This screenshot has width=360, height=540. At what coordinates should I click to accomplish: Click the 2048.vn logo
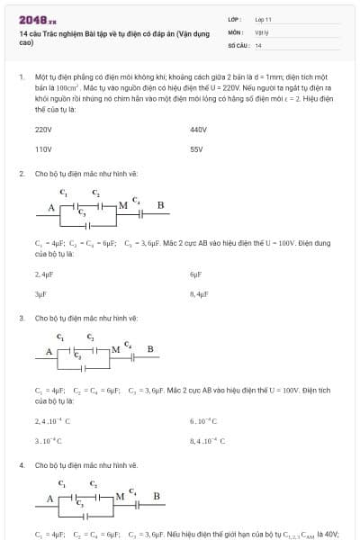click(37, 19)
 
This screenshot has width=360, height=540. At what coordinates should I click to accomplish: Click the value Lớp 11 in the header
click(264, 19)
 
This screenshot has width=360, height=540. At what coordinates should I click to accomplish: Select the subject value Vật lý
click(262, 31)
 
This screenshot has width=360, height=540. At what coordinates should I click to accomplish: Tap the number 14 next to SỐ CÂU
click(258, 44)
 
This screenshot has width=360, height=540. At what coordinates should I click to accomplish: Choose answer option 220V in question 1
click(43, 130)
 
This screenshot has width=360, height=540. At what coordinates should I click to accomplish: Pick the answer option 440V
click(199, 130)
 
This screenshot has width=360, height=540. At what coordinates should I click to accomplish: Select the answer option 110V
click(43, 149)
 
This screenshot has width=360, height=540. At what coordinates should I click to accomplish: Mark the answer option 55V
click(197, 149)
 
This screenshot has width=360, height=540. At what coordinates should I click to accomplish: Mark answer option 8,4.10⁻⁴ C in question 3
click(206, 441)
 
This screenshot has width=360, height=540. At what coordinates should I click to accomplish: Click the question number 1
click(21, 78)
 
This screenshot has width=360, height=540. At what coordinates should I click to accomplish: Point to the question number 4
click(21, 465)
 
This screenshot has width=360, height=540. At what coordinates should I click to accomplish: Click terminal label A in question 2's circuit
click(51, 208)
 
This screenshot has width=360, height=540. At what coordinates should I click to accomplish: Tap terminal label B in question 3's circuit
click(150, 349)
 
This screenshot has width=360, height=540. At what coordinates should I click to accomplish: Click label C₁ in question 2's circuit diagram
click(62, 192)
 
